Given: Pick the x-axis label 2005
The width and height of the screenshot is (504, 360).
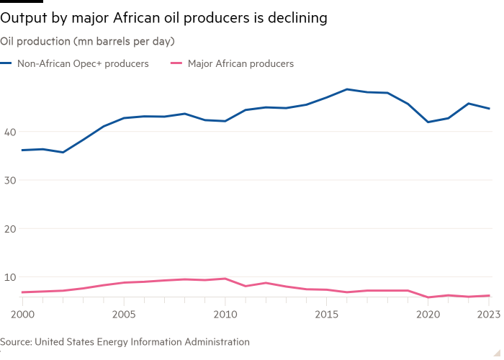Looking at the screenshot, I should click(x=124, y=315).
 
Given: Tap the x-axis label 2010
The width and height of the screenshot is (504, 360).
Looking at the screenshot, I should click(x=225, y=315).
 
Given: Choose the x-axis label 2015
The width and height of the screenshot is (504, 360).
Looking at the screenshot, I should click(x=328, y=315).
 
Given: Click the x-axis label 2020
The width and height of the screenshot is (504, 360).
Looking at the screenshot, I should click(x=429, y=315).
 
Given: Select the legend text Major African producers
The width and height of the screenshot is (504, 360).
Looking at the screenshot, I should click(x=240, y=63).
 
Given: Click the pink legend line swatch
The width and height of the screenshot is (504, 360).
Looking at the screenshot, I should click(x=175, y=63).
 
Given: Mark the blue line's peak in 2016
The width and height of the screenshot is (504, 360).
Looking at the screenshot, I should click(x=348, y=89).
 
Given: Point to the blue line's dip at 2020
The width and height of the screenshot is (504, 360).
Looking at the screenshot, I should click(x=429, y=122).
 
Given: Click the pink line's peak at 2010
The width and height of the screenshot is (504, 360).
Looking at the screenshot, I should click(x=225, y=278).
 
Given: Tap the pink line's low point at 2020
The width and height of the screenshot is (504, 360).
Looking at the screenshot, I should click(x=429, y=297).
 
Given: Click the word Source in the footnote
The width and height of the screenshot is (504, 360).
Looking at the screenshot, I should click(x=16, y=342).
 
